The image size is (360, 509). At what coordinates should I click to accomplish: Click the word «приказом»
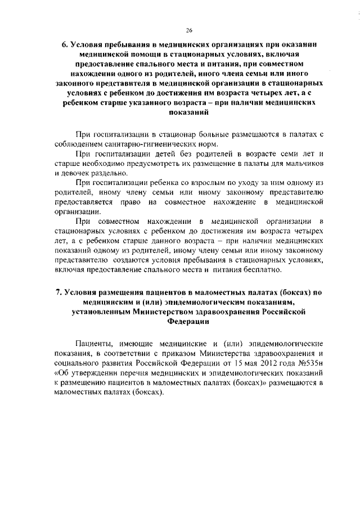click(x=182, y=353)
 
